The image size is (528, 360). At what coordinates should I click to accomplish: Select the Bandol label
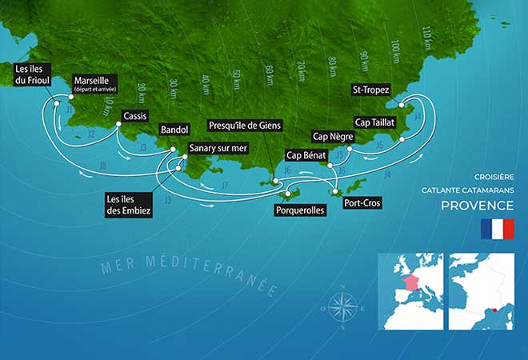tap(174, 129)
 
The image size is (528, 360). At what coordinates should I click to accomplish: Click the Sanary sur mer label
tap(220, 148)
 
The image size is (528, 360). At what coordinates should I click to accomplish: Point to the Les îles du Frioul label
tap(34, 76)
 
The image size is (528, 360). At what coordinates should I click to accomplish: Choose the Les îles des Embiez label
tap(128, 203)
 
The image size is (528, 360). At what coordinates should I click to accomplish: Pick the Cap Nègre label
tap(332, 135)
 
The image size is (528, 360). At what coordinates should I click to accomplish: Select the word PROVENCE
tap(478, 206)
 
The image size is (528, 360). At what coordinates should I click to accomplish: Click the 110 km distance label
tap(425, 37)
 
